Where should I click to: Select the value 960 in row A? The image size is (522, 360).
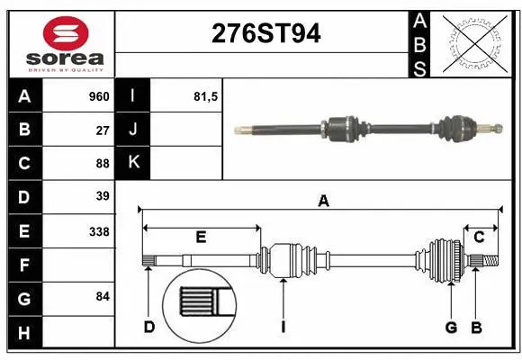[98, 96]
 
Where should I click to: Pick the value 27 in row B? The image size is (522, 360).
[103, 130]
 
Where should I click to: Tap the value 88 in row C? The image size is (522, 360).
[103, 163]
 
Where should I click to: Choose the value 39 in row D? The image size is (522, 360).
[103, 196]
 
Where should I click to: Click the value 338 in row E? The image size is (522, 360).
[99, 231]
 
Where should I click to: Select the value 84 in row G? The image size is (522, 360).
[103, 296]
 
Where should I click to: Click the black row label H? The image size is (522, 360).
[24, 333]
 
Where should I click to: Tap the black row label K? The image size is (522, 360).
[133, 163]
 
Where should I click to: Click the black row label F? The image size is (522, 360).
[24, 265]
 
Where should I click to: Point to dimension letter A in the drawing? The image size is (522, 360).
[323, 202]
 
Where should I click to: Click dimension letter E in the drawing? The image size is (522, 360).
[201, 237]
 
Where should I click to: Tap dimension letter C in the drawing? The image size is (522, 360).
[479, 237]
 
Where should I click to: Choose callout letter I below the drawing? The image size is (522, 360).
[282, 327]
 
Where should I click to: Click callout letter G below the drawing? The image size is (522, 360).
[451, 327]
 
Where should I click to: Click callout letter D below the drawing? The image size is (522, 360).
[149, 327]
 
